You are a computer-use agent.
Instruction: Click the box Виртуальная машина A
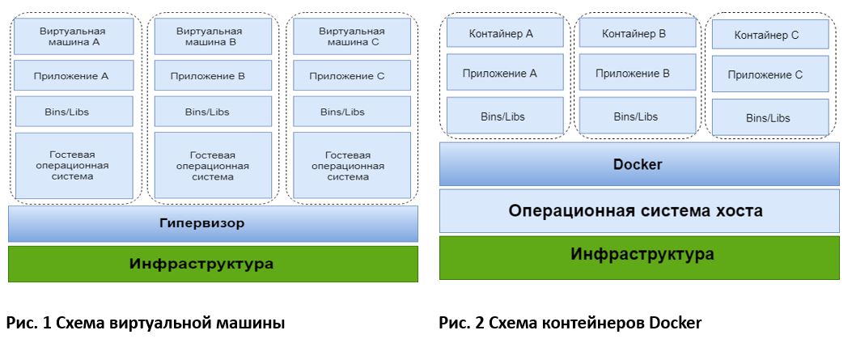(74, 36)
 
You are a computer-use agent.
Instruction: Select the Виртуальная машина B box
(213, 36)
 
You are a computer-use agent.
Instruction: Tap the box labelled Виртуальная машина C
(349, 36)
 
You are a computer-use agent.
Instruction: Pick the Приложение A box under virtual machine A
(74, 76)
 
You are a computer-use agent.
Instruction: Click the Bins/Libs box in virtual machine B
(213, 112)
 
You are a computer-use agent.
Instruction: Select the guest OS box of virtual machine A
(74, 166)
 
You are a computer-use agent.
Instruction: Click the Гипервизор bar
(213, 223)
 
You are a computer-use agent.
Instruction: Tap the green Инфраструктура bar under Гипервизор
(213, 264)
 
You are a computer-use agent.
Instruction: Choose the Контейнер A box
(501, 33)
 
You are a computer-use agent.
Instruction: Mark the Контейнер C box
(769, 35)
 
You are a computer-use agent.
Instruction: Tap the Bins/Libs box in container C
(769, 117)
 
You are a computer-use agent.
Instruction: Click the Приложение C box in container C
(769, 74)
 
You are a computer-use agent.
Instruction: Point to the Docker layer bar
(639, 164)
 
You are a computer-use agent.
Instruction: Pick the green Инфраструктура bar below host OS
(639, 255)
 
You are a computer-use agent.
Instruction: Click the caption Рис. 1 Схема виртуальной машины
(146, 324)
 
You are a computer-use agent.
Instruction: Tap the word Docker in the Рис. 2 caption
(675, 324)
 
